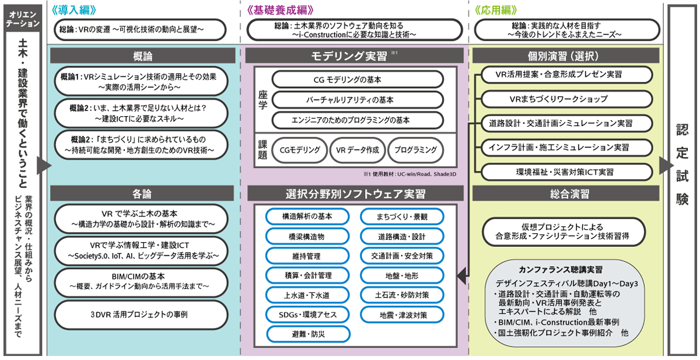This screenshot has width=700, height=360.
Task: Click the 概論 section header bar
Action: pos(143,56)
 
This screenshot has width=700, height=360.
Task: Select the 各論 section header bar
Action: pos(143,193)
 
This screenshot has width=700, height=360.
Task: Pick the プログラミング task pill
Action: pos(415,150)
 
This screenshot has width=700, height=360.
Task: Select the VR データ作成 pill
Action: pos(358,150)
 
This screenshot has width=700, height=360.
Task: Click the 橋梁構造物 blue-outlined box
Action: pos(307,236)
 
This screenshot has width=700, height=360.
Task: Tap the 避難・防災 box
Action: pos(307,334)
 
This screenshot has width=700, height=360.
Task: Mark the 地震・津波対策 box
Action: pos(402,315)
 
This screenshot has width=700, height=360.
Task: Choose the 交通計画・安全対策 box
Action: pos(402,255)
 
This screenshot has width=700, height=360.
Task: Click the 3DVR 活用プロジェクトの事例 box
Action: pos(143,314)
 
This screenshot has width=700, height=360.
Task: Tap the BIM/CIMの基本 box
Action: pos(143,280)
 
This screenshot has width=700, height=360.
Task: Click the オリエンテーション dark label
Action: pos(23,18)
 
